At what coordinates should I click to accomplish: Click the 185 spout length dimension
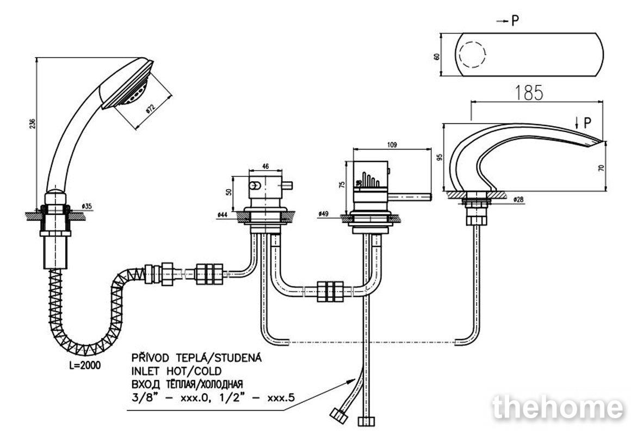coord(529,93)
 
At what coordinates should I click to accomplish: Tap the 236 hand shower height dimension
coord(33,123)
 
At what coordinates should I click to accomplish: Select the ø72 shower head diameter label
coord(150,109)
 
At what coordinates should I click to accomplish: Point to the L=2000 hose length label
coord(85,365)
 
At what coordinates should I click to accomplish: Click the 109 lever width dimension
coord(392,145)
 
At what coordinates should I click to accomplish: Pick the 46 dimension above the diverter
coord(265,166)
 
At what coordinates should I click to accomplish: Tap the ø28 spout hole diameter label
coord(518,200)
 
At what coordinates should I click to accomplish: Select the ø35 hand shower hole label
coord(86,206)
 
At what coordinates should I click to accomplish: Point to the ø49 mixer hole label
coord(323,213)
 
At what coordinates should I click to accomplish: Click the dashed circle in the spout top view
coord(473,54)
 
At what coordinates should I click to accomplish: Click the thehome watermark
coord(558,407)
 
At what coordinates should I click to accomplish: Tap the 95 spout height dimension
coord(439,157)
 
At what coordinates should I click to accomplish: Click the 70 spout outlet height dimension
coord(602,166)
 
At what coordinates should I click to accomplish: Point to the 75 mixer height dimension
coord(342,184)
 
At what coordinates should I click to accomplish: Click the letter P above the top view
coord(515,20)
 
